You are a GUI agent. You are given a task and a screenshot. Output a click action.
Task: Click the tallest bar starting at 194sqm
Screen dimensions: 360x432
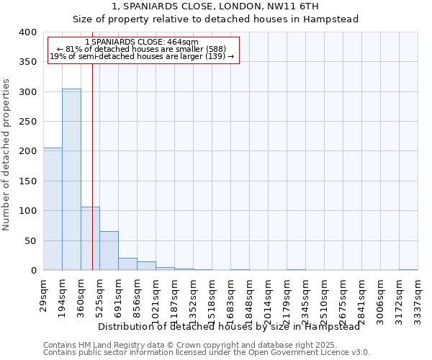point(71,179)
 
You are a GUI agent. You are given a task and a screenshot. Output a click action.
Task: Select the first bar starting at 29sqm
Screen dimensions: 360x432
point(53,209)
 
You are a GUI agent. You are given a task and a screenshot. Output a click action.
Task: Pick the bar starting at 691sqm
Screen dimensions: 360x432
point(127,264)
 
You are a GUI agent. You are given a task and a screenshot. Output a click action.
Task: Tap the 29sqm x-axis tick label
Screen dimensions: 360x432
point(44,295)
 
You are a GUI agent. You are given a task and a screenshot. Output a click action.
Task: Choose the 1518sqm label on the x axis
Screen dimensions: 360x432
point(212,298)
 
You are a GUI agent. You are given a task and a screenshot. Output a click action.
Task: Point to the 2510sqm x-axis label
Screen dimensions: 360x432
point(324,298)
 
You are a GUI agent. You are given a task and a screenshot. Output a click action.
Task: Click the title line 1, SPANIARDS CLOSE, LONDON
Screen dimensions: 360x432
point(215,6)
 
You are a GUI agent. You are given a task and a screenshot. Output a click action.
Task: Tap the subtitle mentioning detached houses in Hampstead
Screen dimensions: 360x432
point(215,19)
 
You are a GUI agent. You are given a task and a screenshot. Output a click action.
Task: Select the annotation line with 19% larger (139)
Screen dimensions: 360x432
point(142,56)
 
